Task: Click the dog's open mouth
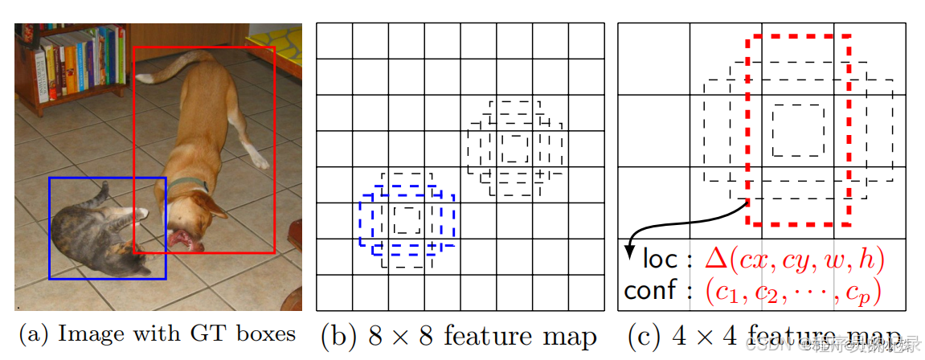coord(180,239)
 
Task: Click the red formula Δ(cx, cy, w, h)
coord(794,259)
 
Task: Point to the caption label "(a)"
coord(35,334)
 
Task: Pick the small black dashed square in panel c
coord(797,129)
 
